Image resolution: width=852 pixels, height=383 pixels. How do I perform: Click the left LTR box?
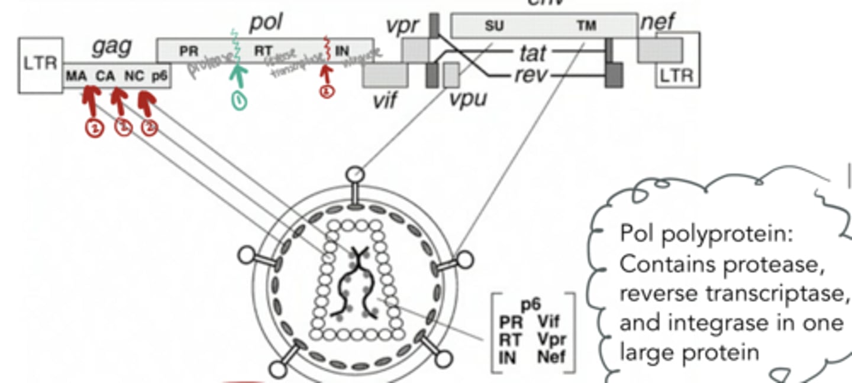tap(40, 64)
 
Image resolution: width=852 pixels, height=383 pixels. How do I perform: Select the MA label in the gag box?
tap(76, 77)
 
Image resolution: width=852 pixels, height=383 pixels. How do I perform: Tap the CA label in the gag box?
tap(105, 77)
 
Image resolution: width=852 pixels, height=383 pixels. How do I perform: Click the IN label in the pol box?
tap(342, 51)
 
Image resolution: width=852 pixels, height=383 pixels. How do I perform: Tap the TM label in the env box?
tap(588, 25)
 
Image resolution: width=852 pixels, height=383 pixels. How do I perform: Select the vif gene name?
tap(385, 100)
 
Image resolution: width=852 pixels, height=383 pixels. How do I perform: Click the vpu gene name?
tap(467, 98)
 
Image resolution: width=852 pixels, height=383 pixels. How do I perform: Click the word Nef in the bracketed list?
tap(551, 357)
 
